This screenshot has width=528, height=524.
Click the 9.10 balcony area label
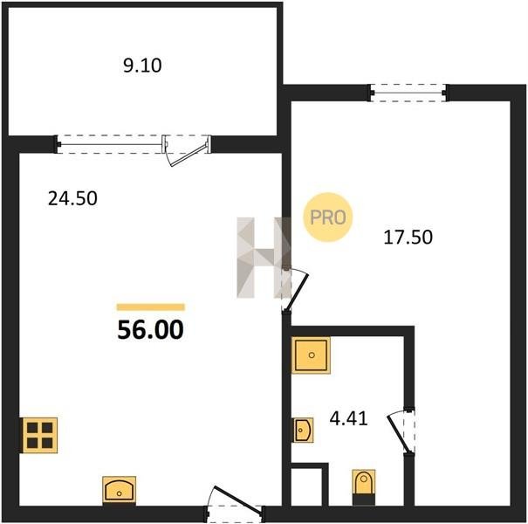tap(142, 65)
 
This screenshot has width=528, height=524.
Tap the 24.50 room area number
tap(72, 198)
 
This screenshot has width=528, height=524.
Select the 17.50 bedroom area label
tap(408, 237)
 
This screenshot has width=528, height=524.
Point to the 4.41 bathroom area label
tap(348, 419)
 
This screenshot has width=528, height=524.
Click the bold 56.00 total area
tap(150, 329)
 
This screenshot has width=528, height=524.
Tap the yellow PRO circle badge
tap(327, 217)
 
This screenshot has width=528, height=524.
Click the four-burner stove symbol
tap(40, 435)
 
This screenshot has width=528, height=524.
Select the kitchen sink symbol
tap(120, 491)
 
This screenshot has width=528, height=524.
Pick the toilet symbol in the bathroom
tap(364, 487)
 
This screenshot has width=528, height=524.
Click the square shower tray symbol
tap(312, 355)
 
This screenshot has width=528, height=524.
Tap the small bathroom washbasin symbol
tap(302, 430)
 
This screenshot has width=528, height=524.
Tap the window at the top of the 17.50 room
tap(408, 93)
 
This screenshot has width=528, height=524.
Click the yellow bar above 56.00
tap(151, 307)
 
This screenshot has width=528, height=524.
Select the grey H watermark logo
tap(264, 258)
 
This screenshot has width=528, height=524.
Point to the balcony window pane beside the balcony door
tap(110, 145)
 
